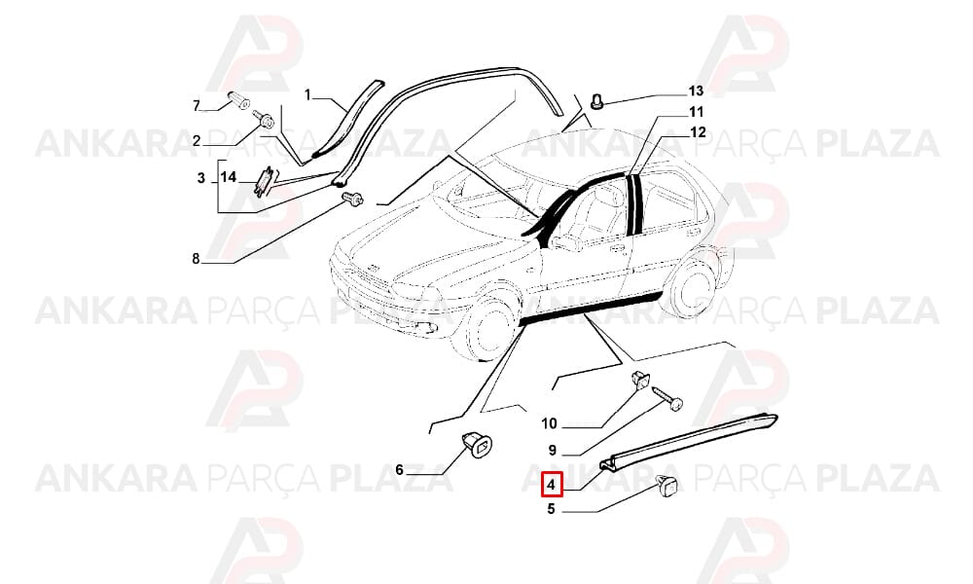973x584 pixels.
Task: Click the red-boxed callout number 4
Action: [x=552, y=485]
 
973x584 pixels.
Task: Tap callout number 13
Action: [x=696, y=91]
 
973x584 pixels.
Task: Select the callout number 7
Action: [x=197, y=105]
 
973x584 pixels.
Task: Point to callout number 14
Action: [x=229, y=177]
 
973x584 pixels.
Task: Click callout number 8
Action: [x=197, y=259]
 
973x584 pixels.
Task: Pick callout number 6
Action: [x=399, y=470]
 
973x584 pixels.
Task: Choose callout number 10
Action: [x=549, y=423]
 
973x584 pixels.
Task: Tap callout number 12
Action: [x=698, y=132]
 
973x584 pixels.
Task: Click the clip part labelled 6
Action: [x=478, y=445]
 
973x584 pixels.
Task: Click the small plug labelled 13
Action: [x=597, y=101]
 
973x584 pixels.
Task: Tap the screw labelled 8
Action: [x=352, y=199]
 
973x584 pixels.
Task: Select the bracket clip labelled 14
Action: [x=267, y=181]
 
